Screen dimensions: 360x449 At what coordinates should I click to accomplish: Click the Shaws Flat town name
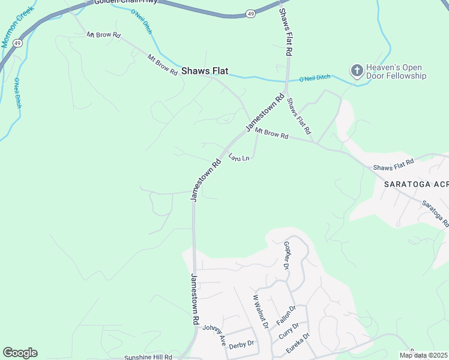tap(205, 71)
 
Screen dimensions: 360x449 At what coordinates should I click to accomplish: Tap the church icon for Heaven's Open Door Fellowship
tap(357, 71)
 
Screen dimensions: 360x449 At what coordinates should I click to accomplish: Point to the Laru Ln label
tap(239, 157)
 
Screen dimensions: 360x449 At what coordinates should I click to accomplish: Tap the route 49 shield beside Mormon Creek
tap(18, 43)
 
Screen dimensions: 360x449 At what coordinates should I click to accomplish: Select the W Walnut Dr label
tap(260, 311)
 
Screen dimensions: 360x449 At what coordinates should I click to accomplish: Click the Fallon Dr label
tap(286, 315)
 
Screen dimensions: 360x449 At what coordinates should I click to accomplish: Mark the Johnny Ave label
tap(214, 334)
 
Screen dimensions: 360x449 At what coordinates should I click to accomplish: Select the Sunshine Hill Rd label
tap(148, 357)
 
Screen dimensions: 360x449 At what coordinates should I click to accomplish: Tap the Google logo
tap(20, 353)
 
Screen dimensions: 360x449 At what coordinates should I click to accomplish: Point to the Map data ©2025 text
tap(423, 355)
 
